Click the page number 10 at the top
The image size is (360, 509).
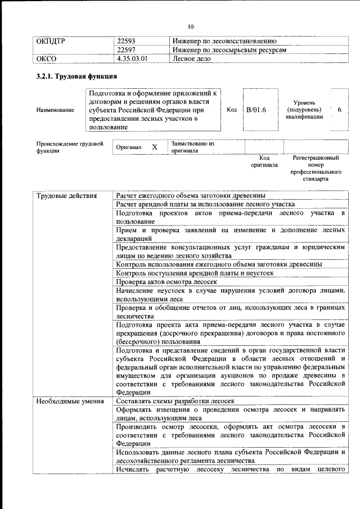point(191,26)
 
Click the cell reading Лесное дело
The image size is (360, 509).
point(192,58)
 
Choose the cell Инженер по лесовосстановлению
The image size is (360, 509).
point(224,42)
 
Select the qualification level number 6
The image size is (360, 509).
point(339,110)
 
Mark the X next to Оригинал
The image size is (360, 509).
point(155,147)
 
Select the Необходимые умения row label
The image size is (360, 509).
point(70,401)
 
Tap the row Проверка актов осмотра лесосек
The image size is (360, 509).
point(166,281)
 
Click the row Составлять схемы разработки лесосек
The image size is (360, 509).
point(174,401)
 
